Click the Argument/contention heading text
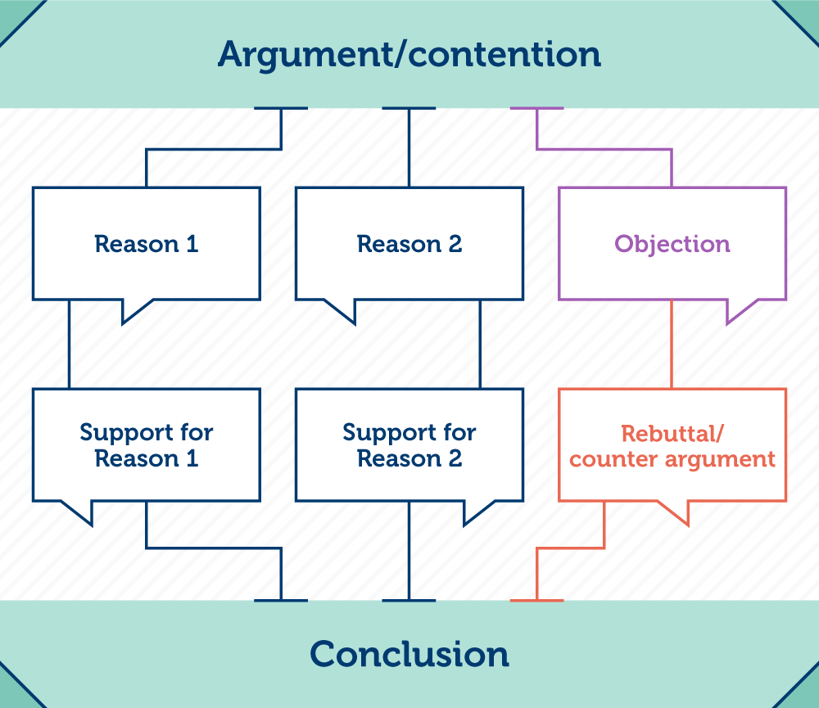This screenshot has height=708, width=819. pos(409,54)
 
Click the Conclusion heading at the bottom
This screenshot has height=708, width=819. pos(409,654)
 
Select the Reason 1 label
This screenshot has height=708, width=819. pos(147,244)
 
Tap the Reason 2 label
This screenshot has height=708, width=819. pos(409,244)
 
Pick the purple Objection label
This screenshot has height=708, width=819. pos(672,244)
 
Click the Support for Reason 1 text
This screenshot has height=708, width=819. pos(147,445)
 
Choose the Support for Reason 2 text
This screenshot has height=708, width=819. pos(409,445)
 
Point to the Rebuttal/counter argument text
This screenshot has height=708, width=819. pos(672,445)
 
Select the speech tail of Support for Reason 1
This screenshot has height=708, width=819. pos(82,511)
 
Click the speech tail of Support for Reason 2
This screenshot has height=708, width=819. pos(475,511)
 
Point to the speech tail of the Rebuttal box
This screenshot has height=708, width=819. pos(676,511)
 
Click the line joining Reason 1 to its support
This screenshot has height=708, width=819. pos(69,344)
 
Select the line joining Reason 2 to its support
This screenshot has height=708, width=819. pos(480,344)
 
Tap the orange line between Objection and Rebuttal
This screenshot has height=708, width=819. pos(672,344)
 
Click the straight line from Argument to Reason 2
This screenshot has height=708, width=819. pos(409,147)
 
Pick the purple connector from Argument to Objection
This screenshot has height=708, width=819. pos(606,149)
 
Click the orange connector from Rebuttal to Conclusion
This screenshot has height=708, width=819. pos(573,548)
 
